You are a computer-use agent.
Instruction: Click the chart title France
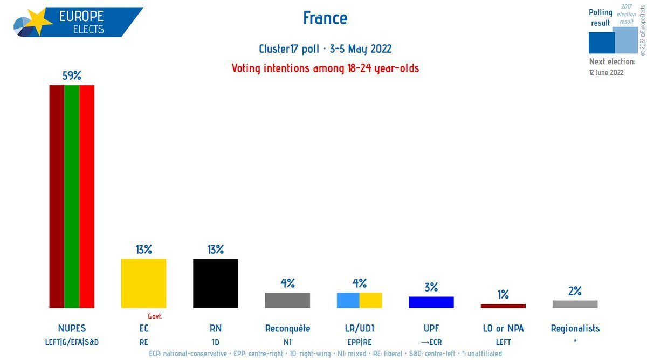pos(325,18)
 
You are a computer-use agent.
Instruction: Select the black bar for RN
pos(216,283)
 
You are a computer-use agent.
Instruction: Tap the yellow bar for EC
pos(143,283)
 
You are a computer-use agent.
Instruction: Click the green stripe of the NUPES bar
pos(72,196)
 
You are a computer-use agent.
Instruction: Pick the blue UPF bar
pos(431,302)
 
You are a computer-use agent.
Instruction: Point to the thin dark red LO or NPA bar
pos(503,306)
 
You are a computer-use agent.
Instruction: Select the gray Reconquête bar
pos(287,300)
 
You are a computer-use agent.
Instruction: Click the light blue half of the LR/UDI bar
pos(348,300)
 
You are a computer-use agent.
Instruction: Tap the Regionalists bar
pos(575,304)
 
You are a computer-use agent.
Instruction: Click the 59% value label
pos(72,75)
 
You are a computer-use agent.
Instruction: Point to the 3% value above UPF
pos(431,287)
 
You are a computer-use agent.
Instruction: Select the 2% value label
pos(575,291)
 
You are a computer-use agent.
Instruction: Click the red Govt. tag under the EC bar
pos(155,316)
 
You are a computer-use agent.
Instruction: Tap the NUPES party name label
pos(72,329)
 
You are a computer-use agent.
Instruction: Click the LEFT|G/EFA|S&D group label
pos(72,342)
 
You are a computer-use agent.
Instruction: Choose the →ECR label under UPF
pos(431,342)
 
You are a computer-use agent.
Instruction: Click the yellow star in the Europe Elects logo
pos(40,21)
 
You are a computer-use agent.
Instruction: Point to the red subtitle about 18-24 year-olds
pos(325,68)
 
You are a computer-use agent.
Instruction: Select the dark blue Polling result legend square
pos(602,43)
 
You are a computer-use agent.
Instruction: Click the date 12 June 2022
pos(606,72)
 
